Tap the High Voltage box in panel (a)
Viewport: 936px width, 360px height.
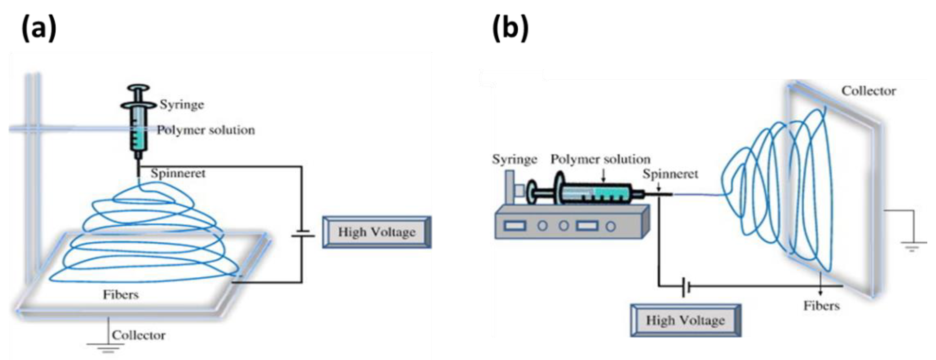point(377,232)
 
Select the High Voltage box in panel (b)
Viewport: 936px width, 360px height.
point(685,320)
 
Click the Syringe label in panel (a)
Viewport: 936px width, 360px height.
point(182,105)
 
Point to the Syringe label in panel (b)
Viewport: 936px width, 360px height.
point(514,159)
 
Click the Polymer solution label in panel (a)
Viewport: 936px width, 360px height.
point(206,130)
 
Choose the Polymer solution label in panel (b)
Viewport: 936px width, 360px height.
point(600,159)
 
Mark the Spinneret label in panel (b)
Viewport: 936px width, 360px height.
point(670,174)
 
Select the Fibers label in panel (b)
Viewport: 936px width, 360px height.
point(821,306)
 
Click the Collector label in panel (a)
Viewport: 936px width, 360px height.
point(138,335)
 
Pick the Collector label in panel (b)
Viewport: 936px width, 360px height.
point(868,91)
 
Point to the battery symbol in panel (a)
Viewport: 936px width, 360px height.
point(302,233)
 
